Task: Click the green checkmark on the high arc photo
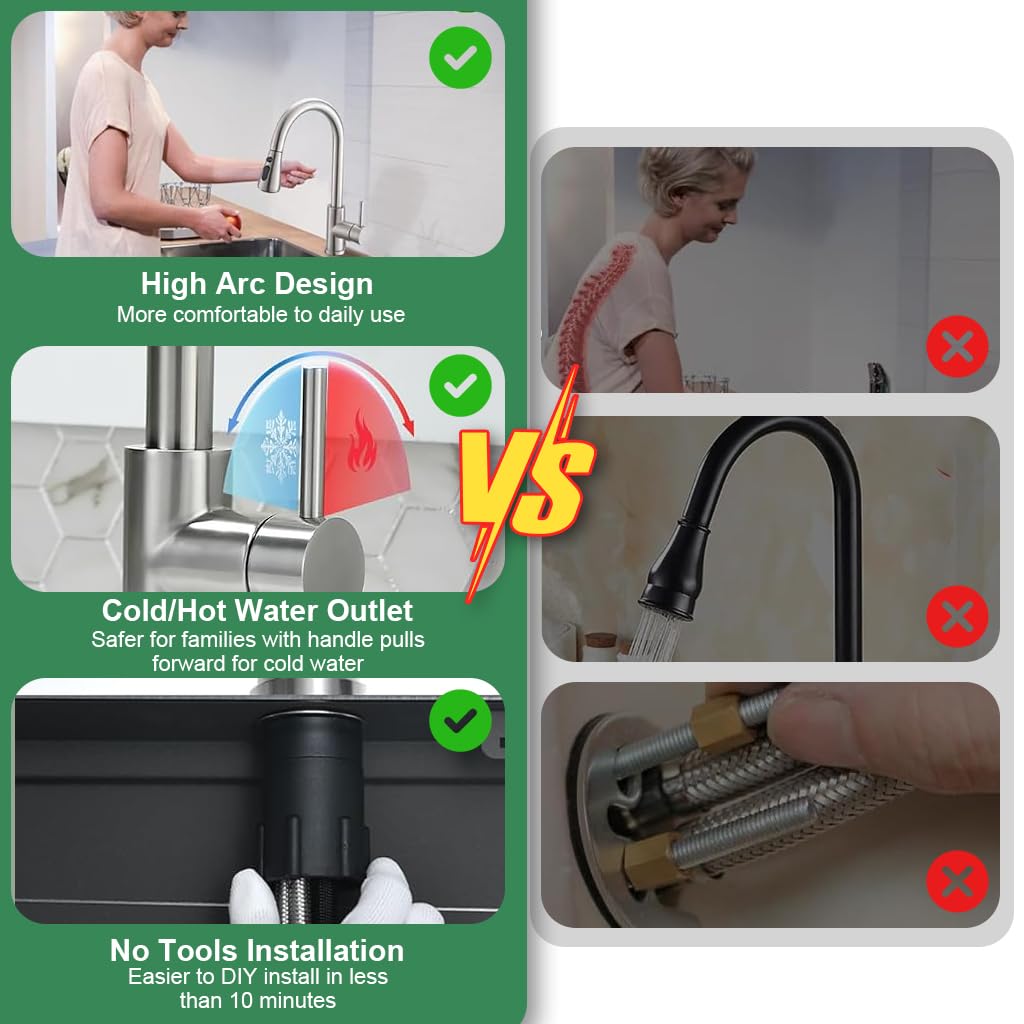[460, 57]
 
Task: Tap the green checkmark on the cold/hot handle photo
[460, 385]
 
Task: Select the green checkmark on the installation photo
[460, 720]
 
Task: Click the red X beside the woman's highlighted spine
[957, 346]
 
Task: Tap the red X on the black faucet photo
[957, 616]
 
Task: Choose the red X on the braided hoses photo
[957, 881]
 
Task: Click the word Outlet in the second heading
[370, 611]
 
